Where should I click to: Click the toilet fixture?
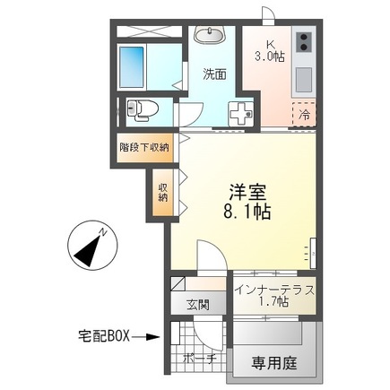(143, 110)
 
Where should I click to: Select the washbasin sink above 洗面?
(212, 36)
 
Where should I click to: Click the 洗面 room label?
(213, 74)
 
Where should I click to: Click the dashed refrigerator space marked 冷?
(304, 115)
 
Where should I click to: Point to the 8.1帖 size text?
(246, 215)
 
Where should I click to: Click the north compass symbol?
(89, 247)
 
